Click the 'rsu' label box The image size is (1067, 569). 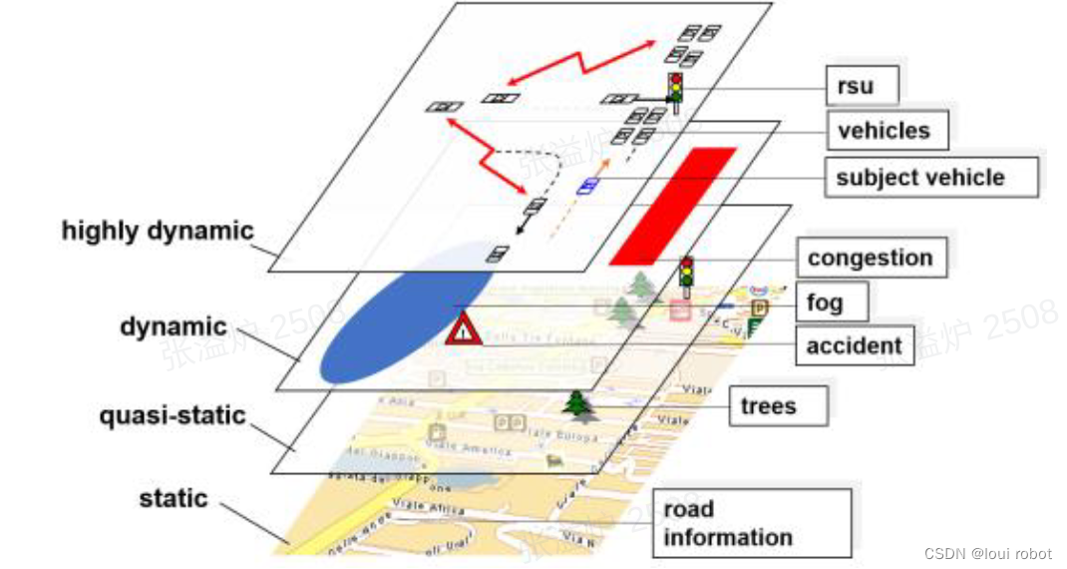click(862, 86)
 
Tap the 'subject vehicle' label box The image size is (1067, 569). click(929, 178)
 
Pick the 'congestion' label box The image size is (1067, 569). click(870, 258)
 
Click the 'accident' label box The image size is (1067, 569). click(853, 346)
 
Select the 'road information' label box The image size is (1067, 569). click(751, 523)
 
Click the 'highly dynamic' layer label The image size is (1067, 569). click(158, 231)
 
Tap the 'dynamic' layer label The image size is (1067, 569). click(174, 326)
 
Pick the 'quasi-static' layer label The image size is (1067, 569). click(173, 415)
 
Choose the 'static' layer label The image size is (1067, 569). click(174, 498)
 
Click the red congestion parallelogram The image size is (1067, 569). click(673, 206)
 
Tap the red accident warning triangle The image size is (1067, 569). click(464, 329)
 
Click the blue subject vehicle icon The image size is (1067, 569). click(589, 185)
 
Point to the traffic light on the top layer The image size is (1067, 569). click(676, 92)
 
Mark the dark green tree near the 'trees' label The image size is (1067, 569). click(576, 405)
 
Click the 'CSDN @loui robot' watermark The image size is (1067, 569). click(987, 552)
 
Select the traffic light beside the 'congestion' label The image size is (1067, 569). click(686, 276)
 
